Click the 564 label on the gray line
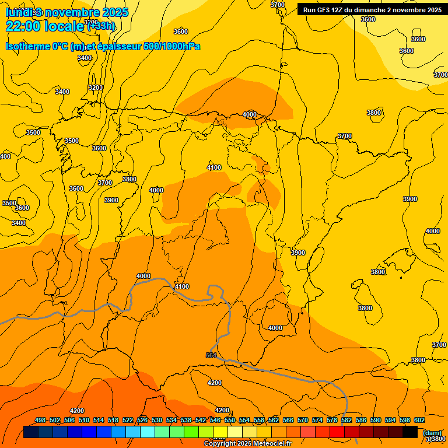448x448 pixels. coord(211,355)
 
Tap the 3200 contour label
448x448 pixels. coord(95,87)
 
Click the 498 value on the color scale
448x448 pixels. coord(40,420)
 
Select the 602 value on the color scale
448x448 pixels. coord(419,420)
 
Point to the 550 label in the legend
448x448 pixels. coord(230,420)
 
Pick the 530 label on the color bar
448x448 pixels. coord(157,420)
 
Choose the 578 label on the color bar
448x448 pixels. coord(332,420)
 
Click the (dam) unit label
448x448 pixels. coord(432,433)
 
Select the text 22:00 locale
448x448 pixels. coord(45,26)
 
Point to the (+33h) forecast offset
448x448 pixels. coord(101,26)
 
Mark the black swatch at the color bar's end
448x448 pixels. coord(410,432)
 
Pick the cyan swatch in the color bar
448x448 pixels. coord(148,432)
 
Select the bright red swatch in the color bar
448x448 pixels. coord(337,432)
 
